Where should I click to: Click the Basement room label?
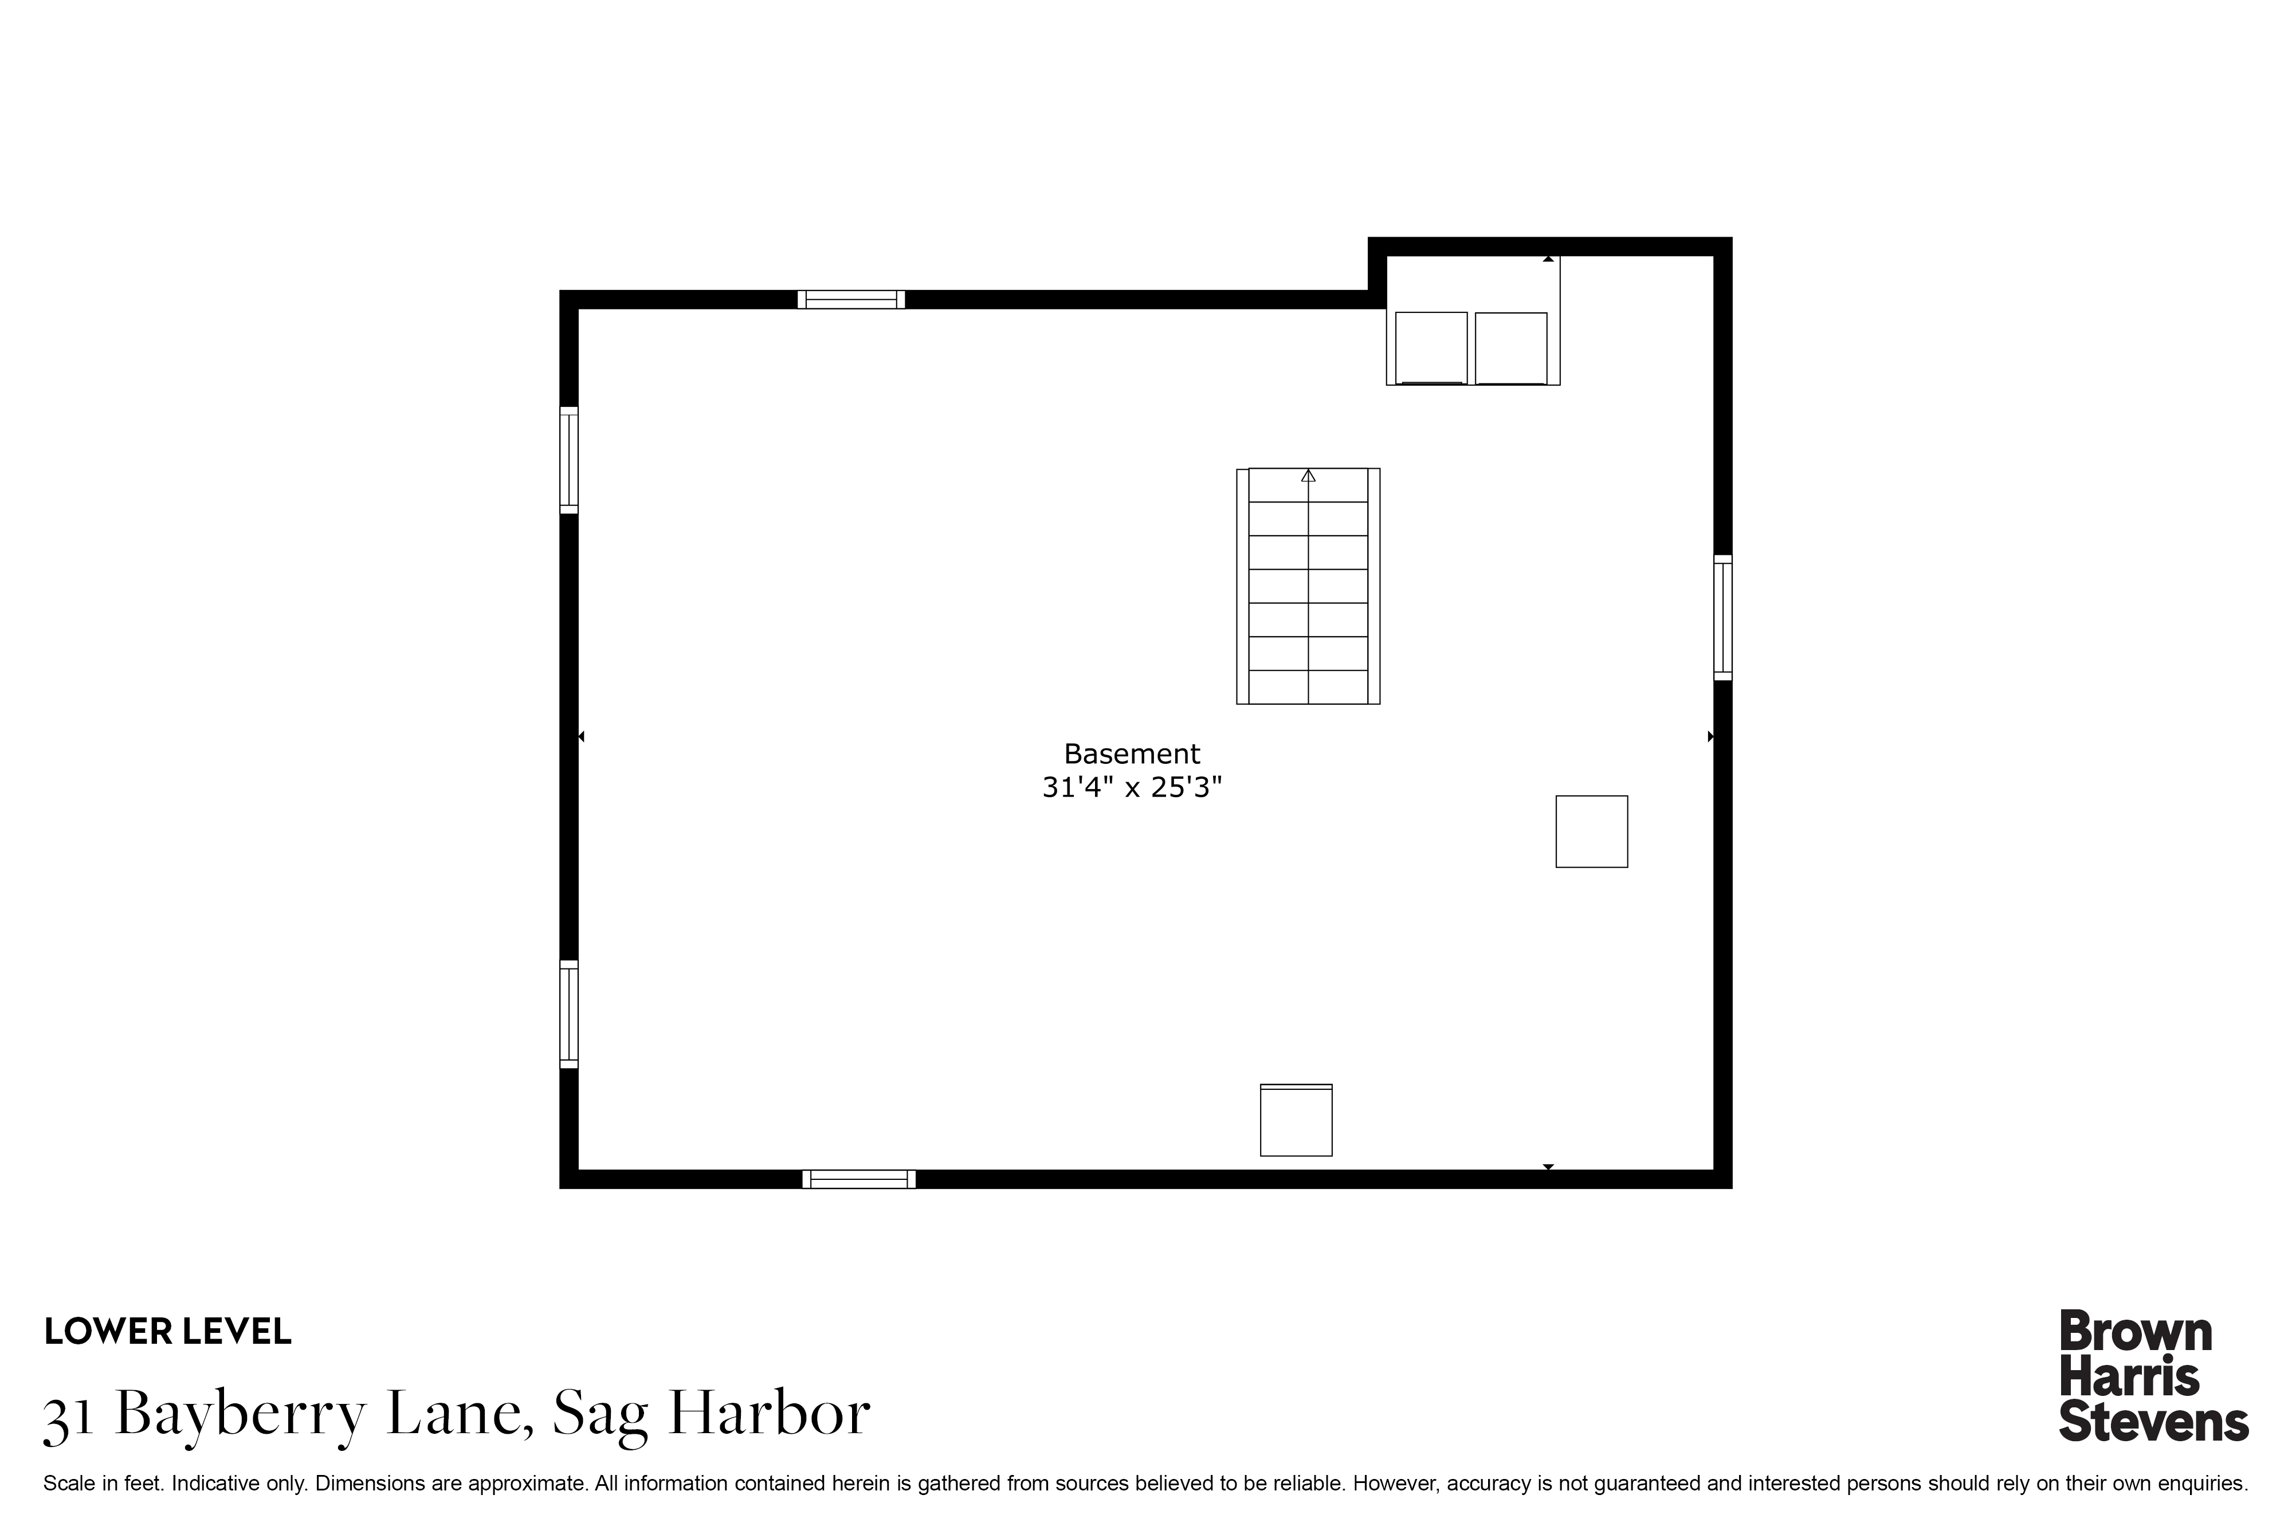coord(1131,754)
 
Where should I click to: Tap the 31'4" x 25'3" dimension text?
coord(1132,787)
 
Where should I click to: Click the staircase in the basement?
coord(1308,586)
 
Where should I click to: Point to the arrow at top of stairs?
coord(1308,476)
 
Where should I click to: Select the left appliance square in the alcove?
coord(1431,348)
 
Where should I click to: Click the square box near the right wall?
coord(1592,831)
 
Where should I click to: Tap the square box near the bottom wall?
coord(1296,1120)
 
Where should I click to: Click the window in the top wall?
coord(851,299)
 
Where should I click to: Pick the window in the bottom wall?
coord(859,1179)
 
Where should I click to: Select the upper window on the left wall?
coord(568,460)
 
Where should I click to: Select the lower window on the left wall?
coord(568,1014)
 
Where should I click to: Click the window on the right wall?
coord(1722,617)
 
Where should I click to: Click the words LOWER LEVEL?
coord(167,1332)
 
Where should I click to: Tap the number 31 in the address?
coord(69,1415)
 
